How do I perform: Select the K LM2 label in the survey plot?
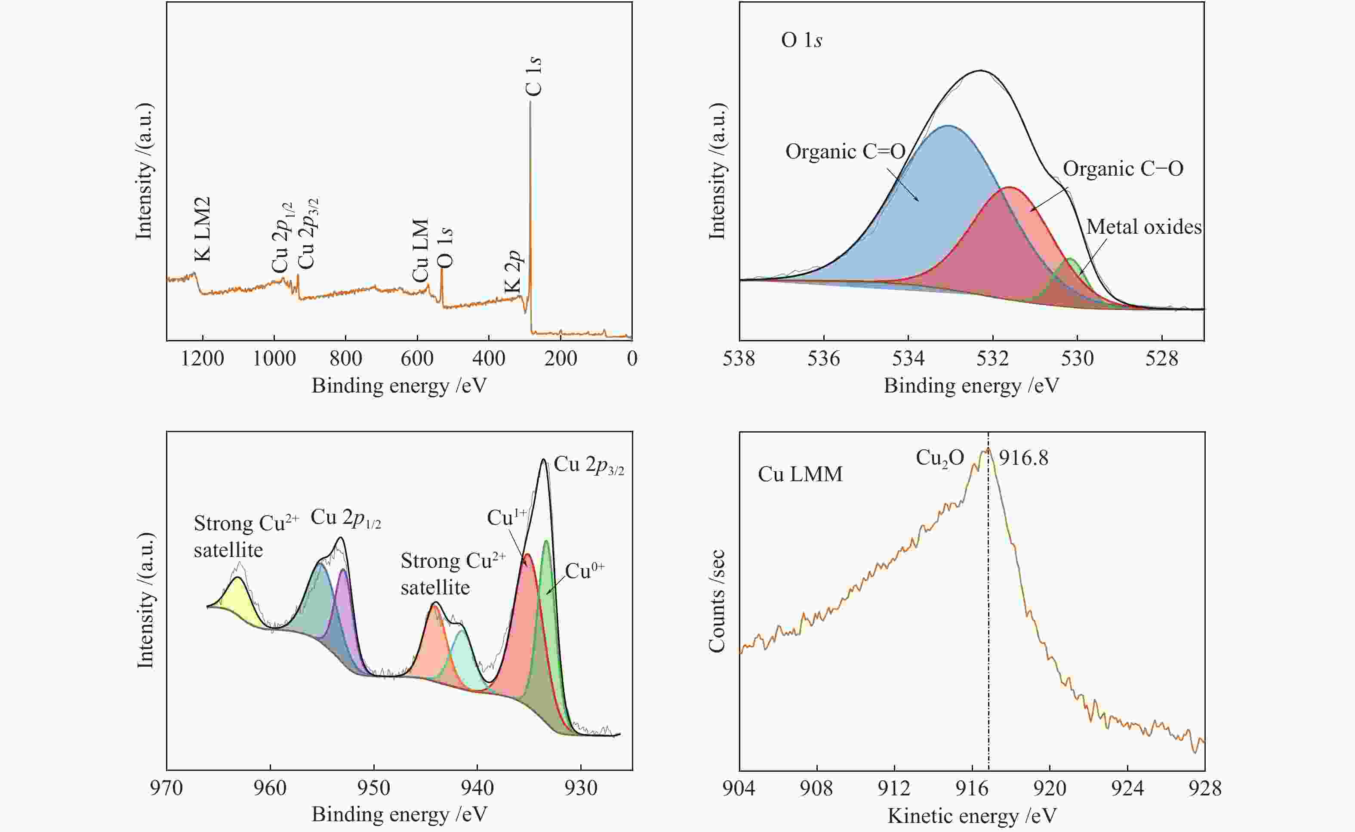202,229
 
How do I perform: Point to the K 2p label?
512,272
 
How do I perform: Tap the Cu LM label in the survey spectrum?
420,251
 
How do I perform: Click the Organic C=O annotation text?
845,152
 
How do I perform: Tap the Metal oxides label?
1144,227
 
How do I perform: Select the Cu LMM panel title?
800,474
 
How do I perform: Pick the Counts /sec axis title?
717,601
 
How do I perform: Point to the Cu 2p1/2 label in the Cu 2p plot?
345,518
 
